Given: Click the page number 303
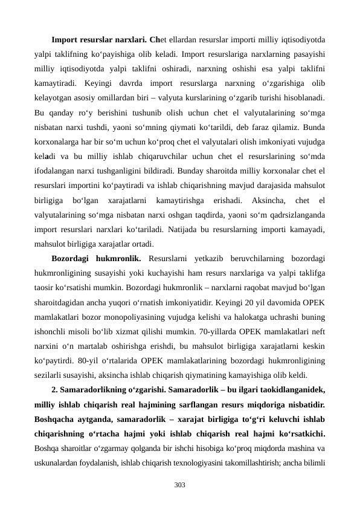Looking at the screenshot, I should [179, 485].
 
